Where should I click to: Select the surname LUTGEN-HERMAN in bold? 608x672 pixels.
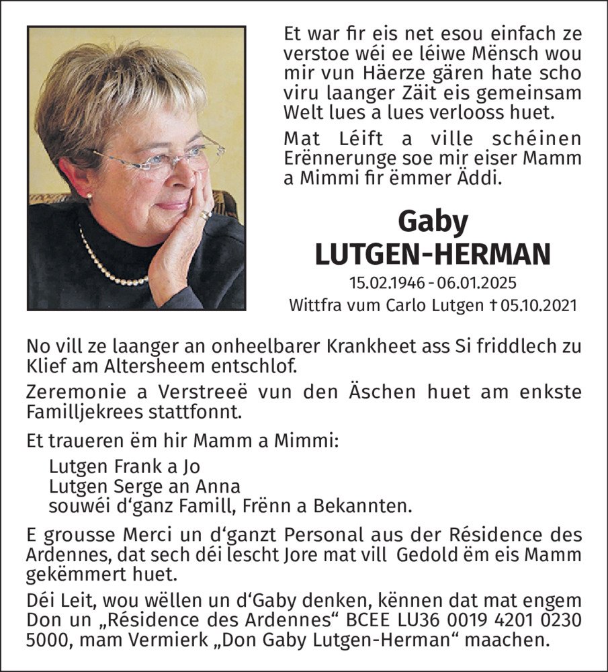point(433,253)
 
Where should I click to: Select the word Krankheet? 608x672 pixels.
point(310,347)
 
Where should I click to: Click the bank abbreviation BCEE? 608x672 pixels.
point(365,618)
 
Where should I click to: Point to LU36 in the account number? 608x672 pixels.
point(421,618)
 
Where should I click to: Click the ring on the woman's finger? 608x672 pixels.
point(206,214)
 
